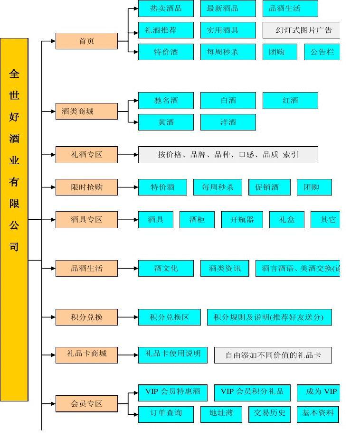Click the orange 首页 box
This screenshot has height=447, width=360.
pos(86,41)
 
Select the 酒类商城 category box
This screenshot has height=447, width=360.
pos(86,112)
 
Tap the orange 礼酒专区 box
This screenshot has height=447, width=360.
pos(86,155)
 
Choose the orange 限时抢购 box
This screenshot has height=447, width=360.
pos(86,187)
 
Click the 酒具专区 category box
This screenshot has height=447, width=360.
pos(86,220)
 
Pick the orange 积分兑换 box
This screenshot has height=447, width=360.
pos(86,317)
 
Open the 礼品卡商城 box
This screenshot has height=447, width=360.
pos(86,354)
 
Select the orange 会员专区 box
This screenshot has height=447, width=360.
pos(86,404)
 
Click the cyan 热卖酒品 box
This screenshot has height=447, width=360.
pos(166,9)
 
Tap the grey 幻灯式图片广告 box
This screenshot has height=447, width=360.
pos(301,30)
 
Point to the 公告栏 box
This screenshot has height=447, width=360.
pos(322,52)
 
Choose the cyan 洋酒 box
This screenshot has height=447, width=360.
pos(228,122)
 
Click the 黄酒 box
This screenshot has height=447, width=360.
pos(166,122)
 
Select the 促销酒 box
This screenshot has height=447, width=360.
pos(269,187)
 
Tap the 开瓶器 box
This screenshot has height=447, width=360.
pos(242,220)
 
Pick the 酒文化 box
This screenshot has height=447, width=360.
pos(166,269)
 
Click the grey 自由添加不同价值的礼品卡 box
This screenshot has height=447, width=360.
pos(273,355)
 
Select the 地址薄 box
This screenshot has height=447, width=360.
pos(221,413)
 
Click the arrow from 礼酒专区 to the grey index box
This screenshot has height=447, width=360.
pos(128,155)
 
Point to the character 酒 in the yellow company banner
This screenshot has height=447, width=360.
pos(14,139)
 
